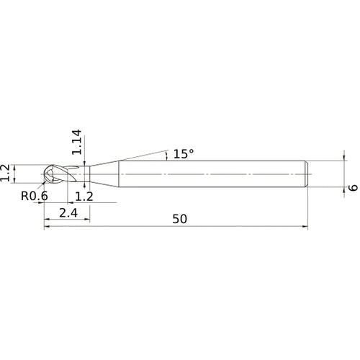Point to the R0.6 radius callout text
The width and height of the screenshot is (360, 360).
coord(35,196)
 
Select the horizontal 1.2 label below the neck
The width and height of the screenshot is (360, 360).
coord(84,196)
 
